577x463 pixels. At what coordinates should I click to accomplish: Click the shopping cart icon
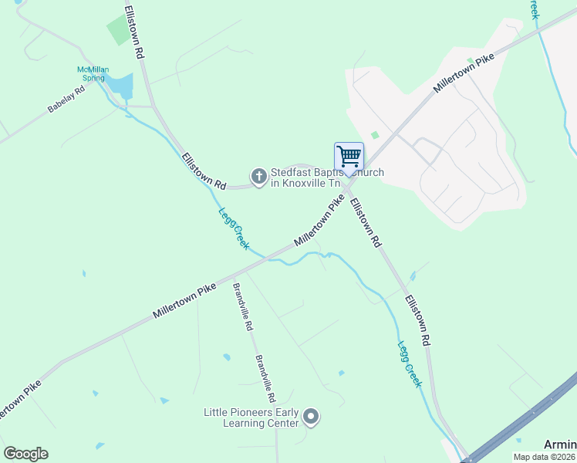click(x=349, y=157)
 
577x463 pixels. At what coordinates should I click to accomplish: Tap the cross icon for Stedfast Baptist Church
click(x=258, y=177)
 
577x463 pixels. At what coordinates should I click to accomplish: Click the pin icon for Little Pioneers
click(x=311, y=417)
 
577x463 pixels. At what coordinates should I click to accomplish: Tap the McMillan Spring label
click(x=96, y=74)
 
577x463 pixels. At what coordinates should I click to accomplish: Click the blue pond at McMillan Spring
click(x=120, y=86)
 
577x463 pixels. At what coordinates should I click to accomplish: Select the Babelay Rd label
click(x=70, y=98)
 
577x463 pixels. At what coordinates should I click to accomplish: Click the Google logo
click(x=25, y=454)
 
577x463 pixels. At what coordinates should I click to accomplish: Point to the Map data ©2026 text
click(x=545, y=457)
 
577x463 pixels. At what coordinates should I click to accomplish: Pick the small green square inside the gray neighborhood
click(x=375, y=135)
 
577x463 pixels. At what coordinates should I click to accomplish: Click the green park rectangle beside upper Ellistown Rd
click(x=118, y=31)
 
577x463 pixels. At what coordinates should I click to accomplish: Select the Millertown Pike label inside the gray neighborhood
click(x=463, y=74)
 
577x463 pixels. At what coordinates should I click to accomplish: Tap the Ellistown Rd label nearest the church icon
click(x=204, y=171)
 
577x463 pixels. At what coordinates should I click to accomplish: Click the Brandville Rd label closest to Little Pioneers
click(x=266, y=378)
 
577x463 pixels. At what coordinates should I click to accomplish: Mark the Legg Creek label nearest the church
click(x=233, y=228)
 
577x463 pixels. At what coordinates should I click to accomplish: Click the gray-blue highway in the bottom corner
click(x=525, y=421)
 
